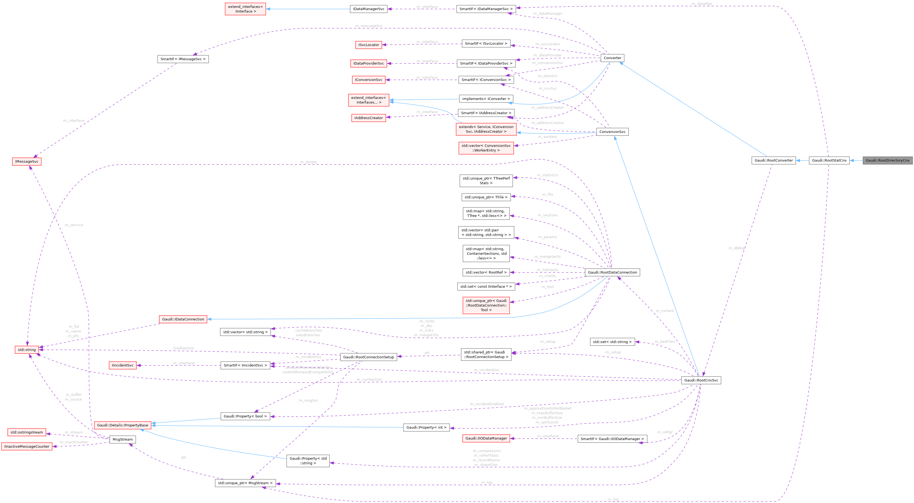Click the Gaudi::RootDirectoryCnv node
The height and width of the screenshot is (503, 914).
(888, 160)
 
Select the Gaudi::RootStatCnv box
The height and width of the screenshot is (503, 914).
(829, 160)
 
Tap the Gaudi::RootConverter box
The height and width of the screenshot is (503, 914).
(774, 160)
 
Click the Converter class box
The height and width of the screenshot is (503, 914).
(612, 58)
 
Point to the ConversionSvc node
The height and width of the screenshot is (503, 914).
(612, 132)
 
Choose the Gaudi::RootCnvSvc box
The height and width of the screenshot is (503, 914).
(701, 380)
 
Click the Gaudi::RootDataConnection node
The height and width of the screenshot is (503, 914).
(612, 272)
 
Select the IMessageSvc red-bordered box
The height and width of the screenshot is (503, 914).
(27, 162)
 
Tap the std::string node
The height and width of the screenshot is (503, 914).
(27, 350)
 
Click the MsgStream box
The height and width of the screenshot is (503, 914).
(123, 440)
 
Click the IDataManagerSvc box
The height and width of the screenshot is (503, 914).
(369, 9)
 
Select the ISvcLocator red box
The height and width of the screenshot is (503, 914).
(369, 45)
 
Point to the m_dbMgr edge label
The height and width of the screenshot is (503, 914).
(736, 248)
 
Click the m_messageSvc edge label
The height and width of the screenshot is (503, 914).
(369, 26)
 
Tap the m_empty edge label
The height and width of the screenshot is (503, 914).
(309, 162)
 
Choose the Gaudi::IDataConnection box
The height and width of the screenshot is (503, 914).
(183, 319)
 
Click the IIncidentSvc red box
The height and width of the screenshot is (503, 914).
(123, 365)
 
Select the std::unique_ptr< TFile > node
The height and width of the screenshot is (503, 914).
(486, 197)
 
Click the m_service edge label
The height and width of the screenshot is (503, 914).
(74, 225)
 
